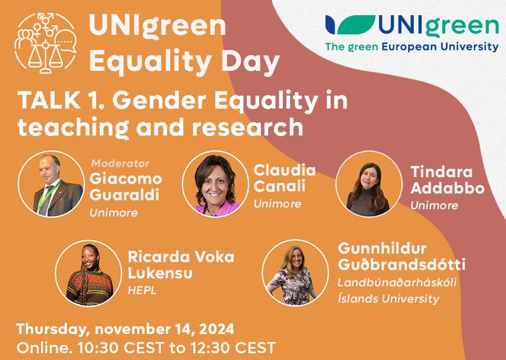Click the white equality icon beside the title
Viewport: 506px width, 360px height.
tap(46, 43)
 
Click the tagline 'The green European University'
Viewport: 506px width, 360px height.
tap(412, 47)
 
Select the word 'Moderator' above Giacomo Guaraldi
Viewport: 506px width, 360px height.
tap(120, 164)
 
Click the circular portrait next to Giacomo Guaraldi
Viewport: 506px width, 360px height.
tap(51, 183)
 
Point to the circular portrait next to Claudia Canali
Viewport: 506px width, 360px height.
tap(215, 183)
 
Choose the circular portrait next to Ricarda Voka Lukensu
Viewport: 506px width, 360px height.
tap(88, 273)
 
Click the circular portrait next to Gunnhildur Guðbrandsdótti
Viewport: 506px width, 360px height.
tap(295, 273)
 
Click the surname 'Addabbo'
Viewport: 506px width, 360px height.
tap(447, 188)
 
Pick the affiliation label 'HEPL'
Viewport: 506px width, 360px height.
tap(142, 291)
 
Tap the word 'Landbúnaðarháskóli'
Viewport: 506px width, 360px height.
tap(397, 281)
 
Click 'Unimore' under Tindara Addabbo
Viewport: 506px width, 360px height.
tap(434, 205)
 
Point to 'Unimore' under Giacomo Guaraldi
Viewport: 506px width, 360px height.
tap(114, 213)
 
